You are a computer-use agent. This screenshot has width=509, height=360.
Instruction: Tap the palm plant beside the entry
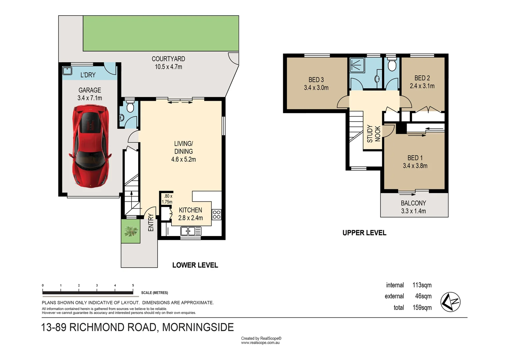[131, 231]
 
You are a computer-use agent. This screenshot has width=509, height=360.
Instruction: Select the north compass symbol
[450, 302]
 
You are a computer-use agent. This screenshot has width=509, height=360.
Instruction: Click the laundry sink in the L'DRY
[68, 71]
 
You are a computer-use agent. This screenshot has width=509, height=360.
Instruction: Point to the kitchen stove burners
[217, 214]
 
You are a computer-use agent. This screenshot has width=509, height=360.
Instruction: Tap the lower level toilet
[130, 107]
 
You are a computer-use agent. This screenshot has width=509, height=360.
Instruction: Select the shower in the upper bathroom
[357, 65]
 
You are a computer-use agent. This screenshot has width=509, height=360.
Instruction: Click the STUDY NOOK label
[373, 134]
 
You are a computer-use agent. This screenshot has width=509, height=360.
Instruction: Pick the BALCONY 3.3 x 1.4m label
[413, 207]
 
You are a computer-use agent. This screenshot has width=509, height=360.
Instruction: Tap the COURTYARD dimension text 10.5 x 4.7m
[168, 67]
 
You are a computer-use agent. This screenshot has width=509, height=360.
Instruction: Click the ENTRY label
[151, 223]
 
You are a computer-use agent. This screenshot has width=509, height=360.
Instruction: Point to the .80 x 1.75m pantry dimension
[167, 199]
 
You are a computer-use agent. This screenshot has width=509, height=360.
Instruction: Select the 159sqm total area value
[422, 307]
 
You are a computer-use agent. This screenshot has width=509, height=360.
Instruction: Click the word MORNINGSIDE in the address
[198, 327]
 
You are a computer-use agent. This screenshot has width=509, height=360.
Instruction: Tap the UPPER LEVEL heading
[364, 233]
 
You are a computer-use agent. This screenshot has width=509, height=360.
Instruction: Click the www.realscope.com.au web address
[260, 343]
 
